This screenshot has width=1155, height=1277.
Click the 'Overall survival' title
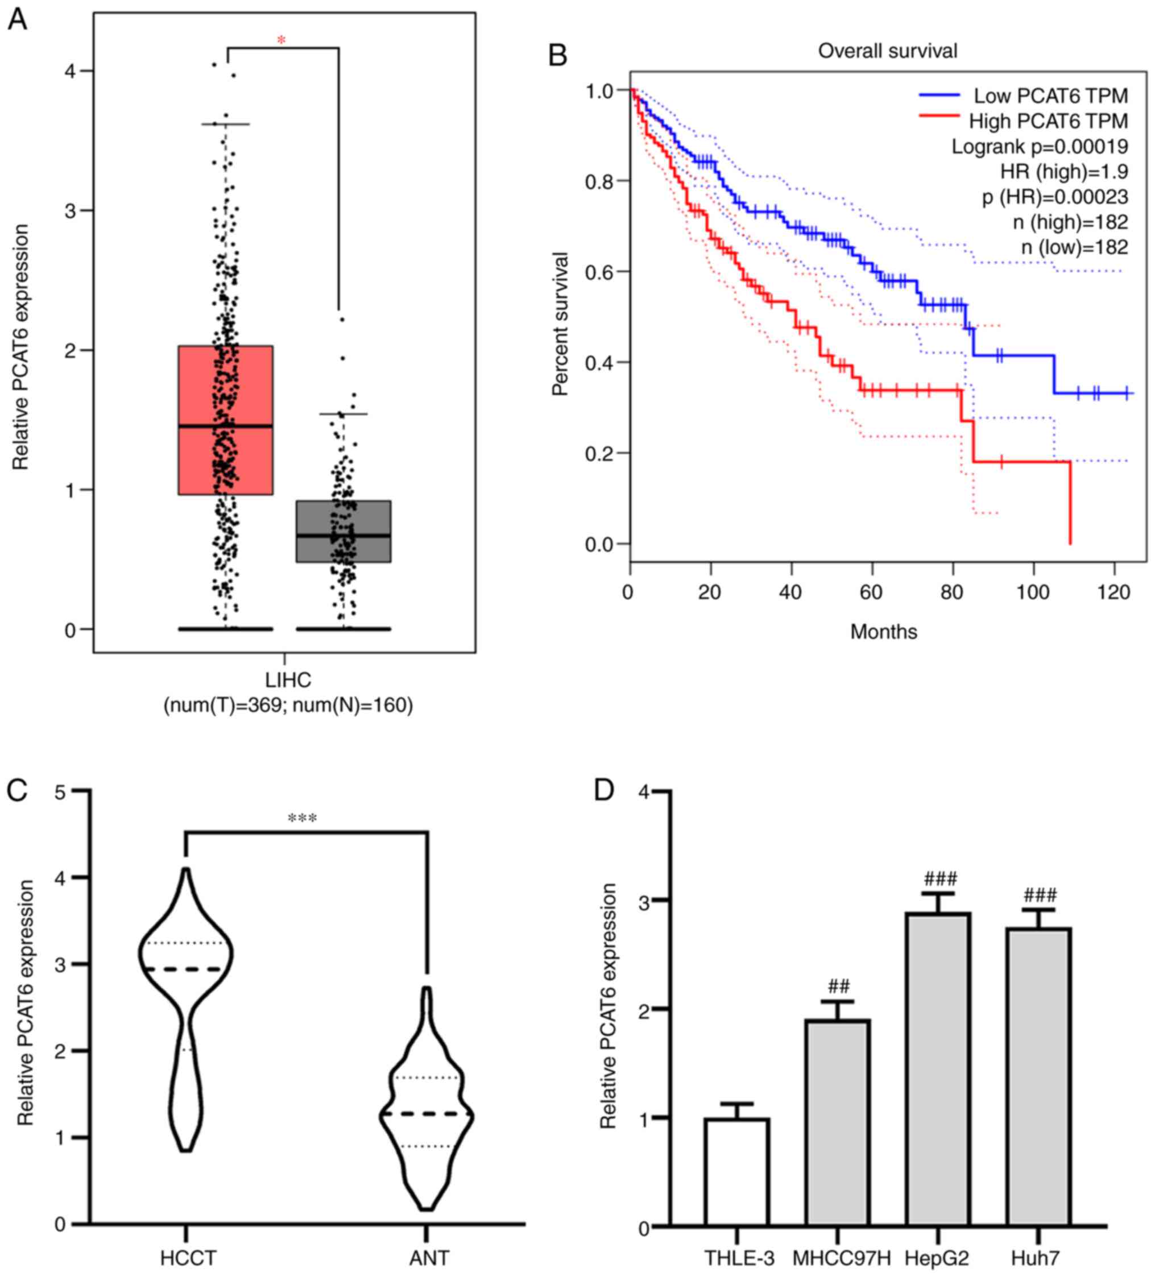pyautogui.click(x=887, y=51)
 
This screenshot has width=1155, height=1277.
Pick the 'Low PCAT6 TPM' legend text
pyautogui.click(x=1050, y=96)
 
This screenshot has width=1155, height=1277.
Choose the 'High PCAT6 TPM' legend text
pyautogui.click(x=1048, y=121)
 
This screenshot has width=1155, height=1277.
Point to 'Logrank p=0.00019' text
pyautogui.click(x=1039, y=147)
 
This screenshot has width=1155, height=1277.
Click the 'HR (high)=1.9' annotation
pyautogui.click(x=1064, y=172)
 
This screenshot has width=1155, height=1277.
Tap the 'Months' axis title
pyautogui.click(x=883, y=632)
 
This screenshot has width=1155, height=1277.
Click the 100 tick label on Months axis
pyautogui.click(x=1033, y=593)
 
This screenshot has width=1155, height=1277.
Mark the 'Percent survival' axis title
pyautogui.click(x=560, y=324)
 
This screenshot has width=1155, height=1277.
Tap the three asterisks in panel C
pyautogui.click(x=302, y=818)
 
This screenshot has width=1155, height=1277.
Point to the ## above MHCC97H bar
pyautogui.click(x=838, y=986)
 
